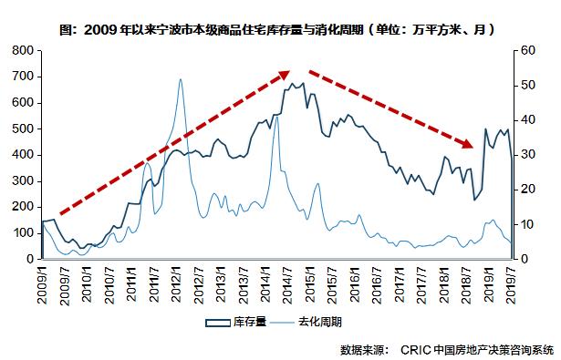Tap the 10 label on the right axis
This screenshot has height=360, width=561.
point(529,224)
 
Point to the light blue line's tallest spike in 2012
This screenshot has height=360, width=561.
point(180,79)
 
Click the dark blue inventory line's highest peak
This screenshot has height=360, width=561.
point(300,83)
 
